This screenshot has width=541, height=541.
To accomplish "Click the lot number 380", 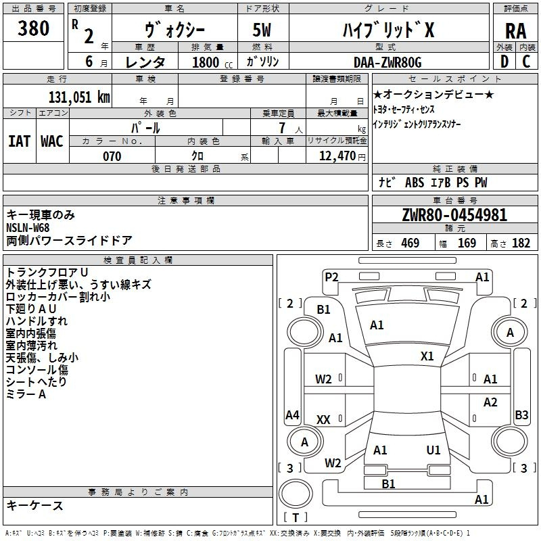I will (x=34, y=29).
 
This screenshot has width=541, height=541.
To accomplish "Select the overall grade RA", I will (x=515, y=31).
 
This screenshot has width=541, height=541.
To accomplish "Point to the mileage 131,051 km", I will (x=79, y=97).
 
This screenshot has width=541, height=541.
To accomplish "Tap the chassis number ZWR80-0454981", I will (x=454, y=215).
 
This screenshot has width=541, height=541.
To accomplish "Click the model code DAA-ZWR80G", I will (x=387, y=62).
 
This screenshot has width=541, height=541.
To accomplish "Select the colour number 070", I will (x=112, y=156).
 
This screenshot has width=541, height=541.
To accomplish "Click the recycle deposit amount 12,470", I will (x=336, y=156).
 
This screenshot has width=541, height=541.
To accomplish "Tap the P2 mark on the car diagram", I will (x=331, y=277).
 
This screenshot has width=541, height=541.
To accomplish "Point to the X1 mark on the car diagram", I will (x=427, y=356).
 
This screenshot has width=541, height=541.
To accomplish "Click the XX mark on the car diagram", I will (x=323, y=420).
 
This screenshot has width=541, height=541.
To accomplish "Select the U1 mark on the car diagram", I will (x=433, y=450).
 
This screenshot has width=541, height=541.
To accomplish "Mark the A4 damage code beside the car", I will (x=292, y=415).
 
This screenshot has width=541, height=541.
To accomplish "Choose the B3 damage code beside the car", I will (x=521, y=415).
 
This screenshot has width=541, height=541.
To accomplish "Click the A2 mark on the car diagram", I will (x=490, y=402).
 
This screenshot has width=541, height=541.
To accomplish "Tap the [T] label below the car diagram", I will (x=296, y=518).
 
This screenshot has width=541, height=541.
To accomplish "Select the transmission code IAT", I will (x=20, y=141).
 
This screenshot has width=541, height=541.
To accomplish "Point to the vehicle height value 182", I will (x=521, y=243).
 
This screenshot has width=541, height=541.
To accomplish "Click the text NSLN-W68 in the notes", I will (x=28, y=227).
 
